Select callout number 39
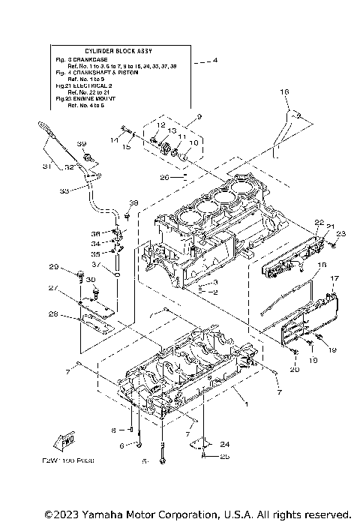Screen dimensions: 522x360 (x=82, y=144)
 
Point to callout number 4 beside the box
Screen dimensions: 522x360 (x=215, y=59)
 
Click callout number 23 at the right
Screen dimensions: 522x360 (x=341, y=234)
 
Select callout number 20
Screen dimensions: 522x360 (x=294, y=369)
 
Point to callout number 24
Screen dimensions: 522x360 (x=224, y=443)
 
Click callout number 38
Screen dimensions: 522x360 (x=133, y=203)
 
